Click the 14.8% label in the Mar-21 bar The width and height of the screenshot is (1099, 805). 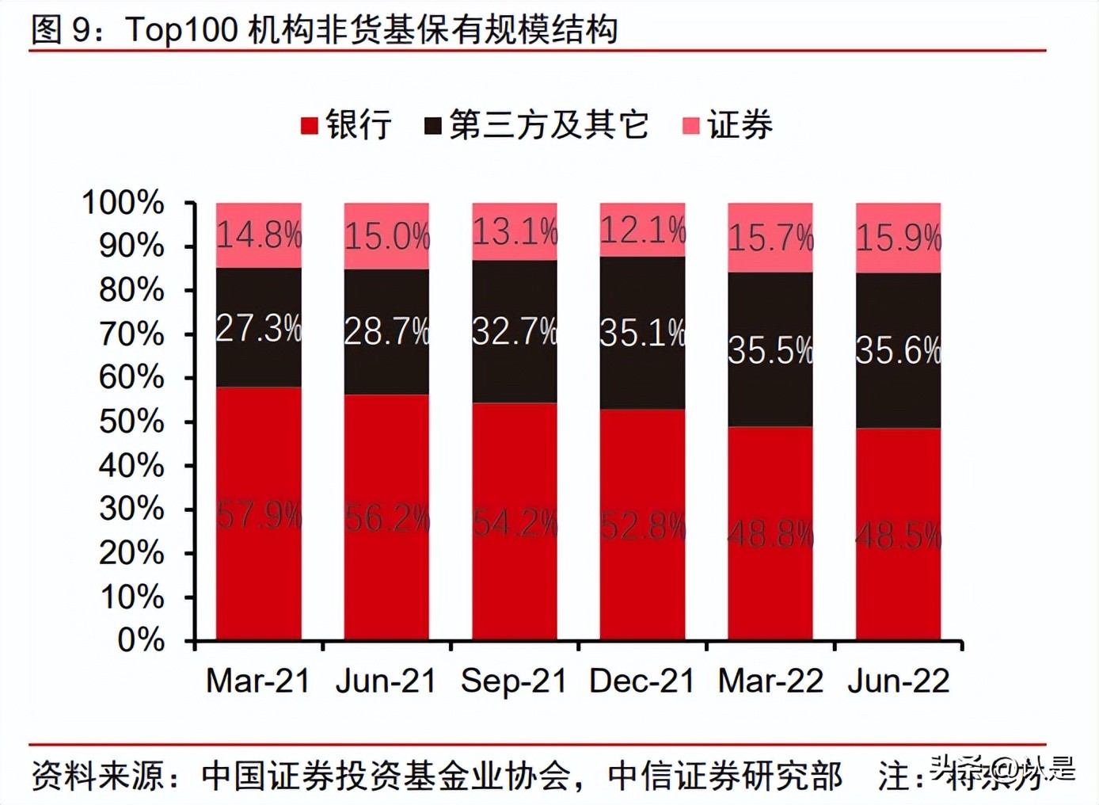coord(259,235)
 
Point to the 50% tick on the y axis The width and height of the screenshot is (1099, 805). coord(131,421)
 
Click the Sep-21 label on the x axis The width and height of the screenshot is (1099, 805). coord(514,681)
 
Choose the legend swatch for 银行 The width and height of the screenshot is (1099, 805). coord(310,125)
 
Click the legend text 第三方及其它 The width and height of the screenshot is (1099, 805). coord(549,124)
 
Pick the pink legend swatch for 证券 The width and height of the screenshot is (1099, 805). coord(691,125)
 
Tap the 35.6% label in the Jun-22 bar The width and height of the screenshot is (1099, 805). coord(899,350)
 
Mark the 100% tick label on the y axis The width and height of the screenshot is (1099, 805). coord(124,202)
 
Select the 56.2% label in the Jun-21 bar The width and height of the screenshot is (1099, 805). coord(387,519)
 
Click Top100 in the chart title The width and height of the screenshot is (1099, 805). coord(182,29)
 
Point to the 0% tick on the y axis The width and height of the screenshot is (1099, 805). coord(141,639)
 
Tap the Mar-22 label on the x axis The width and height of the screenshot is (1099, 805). coord(770,681)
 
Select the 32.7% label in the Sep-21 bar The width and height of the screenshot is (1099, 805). coord(515,331)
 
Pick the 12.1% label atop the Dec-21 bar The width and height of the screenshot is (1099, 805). coord(642,231)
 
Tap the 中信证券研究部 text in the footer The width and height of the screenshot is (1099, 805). coord(724,776)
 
